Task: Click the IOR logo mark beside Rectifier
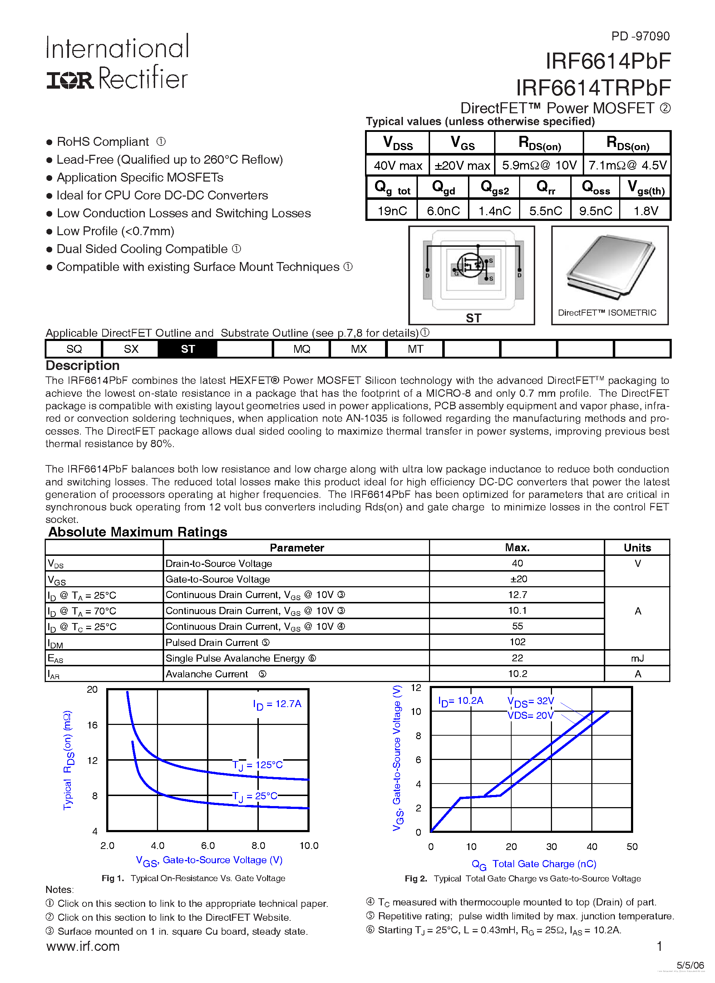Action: tap(69, 80)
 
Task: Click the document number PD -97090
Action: tap(640, 36)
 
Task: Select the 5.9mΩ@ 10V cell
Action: tap(539, 165)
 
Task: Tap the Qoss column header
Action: tap(595, 188)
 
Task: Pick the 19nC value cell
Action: tap(392, 211)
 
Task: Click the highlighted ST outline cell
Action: tap(187, 349)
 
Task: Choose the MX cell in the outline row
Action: tap(358, 349)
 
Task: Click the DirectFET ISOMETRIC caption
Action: tap(607, 312)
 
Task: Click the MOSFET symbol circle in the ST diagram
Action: tap(470, 265)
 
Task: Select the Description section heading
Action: tap(82, 365)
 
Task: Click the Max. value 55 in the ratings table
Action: tap(517, 626)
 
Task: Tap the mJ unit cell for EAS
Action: tap(637, 658)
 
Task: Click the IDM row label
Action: tap(55, 643)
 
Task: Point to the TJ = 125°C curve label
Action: tap(257, 765)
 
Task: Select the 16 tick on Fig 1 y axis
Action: tap(92, 725)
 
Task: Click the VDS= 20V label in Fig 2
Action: tap(530, 715)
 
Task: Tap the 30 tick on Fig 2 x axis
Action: tap(551, 846)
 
